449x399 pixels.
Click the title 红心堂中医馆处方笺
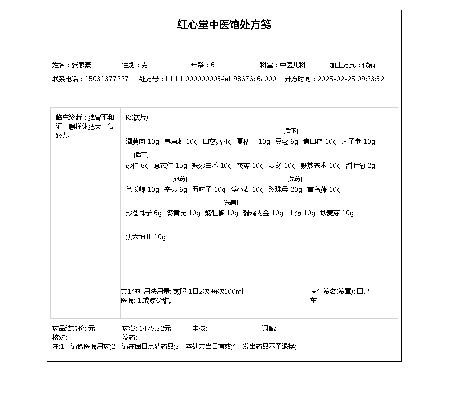(224, 25)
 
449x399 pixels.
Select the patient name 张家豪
(82, 65)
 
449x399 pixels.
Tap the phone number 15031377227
(107, 79)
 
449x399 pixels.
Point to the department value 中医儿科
(293, 65)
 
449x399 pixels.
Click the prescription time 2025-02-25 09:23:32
(351, 79)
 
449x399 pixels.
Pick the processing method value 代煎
(369, 65)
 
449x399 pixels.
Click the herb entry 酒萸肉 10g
(142, 142)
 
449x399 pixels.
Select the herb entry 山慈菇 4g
(217, 142)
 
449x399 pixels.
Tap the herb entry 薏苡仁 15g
(170, 166)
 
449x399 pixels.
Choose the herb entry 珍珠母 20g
(285, 190)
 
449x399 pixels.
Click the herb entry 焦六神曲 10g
(146, 237)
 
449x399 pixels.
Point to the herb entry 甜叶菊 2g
(360, 166)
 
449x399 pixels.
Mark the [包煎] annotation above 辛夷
(180, 179)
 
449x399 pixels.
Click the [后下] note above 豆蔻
(291, 131)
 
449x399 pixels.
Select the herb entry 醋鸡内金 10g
(263, 213)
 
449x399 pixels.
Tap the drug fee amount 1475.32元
(155, 328)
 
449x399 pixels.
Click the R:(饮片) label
(137, 118)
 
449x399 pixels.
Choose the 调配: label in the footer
(269, 328)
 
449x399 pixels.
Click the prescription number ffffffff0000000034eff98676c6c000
(221, 79)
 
